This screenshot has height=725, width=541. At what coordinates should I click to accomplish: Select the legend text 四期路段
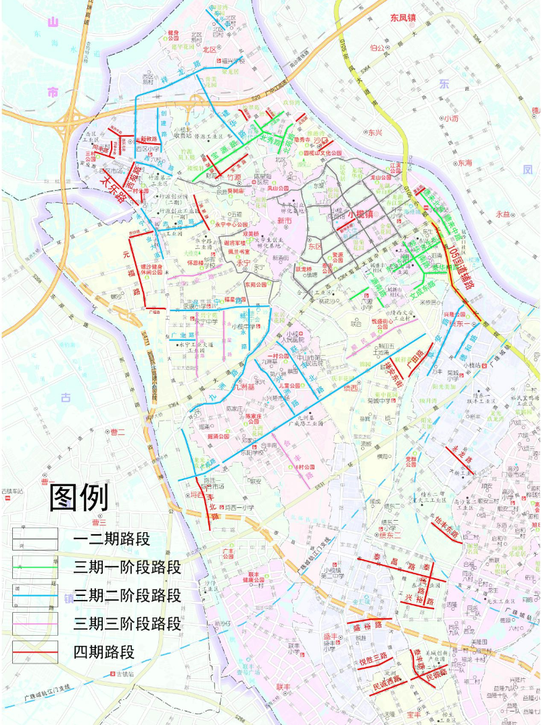(105, 652)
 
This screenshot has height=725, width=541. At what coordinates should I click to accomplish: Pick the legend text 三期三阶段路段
(128, 624)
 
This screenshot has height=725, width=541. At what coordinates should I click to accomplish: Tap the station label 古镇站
(125, 674)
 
